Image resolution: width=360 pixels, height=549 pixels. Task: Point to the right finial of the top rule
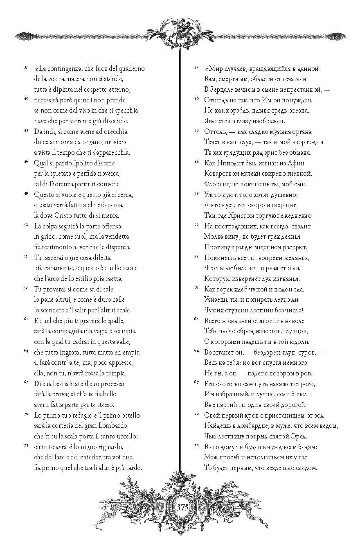[338, 36]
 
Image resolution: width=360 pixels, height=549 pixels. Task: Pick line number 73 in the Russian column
[196, 445]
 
